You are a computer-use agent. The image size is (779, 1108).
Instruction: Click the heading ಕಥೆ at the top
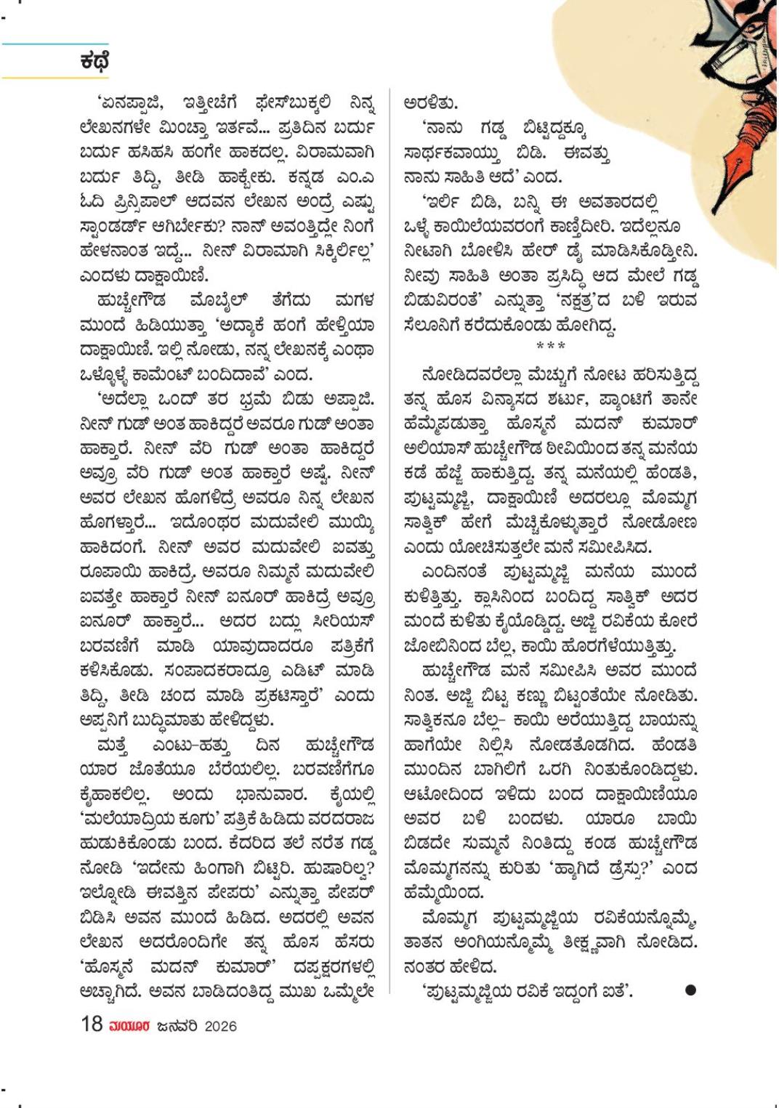point(94,60)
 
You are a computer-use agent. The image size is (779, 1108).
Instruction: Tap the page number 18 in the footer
point(92,1024)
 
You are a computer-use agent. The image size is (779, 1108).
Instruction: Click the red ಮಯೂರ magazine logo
point(129,1025)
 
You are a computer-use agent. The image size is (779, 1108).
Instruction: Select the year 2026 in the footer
point(220,1025)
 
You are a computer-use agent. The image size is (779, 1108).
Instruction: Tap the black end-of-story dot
point(690,989)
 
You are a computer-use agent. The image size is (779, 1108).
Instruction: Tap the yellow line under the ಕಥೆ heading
point(55,77)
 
